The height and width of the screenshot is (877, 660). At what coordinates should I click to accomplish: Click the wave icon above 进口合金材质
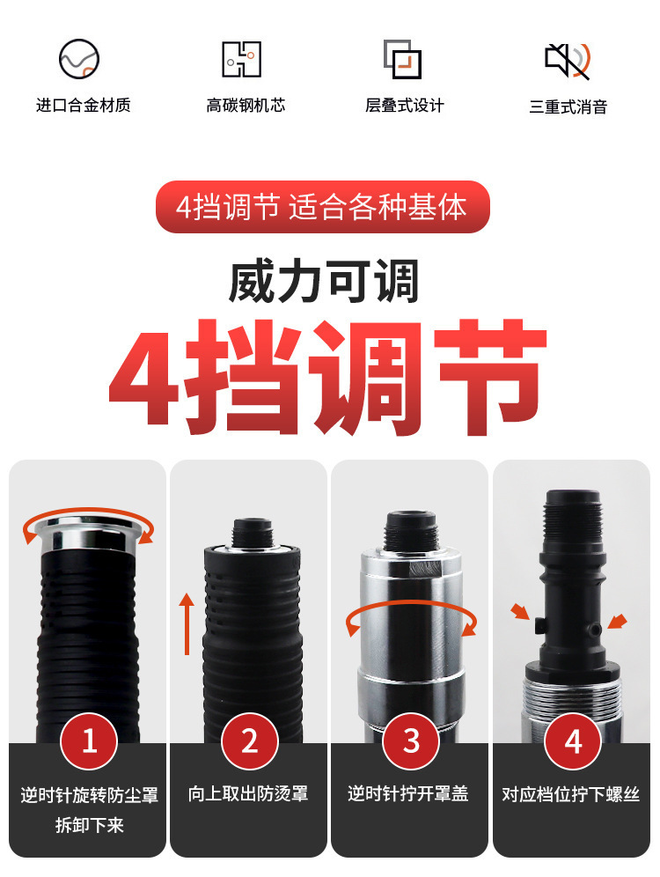click(x=79, y=59)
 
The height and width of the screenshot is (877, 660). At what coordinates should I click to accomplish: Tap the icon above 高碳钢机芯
click(x=241, y=59)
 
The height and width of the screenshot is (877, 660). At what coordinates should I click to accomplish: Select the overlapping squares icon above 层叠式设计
click(x=402, y=59)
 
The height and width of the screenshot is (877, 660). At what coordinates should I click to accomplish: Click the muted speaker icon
click(x=568, y=60)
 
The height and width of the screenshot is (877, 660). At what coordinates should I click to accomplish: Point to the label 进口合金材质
click(x=84, y=105)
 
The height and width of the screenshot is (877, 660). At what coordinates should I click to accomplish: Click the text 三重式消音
click(x=568, y=107)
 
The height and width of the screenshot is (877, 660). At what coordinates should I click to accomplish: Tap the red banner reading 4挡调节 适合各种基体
click(x=322, y=207)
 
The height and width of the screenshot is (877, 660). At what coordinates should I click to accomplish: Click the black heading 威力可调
click(x=324, y=281)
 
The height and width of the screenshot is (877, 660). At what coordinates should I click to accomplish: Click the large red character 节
click(x=490, y=376)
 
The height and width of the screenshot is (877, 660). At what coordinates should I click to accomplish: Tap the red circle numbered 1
click(x=89, y=741)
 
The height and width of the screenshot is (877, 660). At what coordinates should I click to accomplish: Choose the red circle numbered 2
click(x=250, y=741)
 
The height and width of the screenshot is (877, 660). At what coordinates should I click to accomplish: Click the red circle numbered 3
click(x=411, y=741)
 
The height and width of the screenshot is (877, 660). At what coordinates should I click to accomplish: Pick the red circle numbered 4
click(x=573, y=741)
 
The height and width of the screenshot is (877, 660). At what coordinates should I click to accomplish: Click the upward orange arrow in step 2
click(x=187, y=624)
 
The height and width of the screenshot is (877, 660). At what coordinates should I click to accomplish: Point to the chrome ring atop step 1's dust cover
click(x=87, y=533)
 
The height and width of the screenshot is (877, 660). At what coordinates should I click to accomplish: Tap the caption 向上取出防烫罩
click(x=248, y=793)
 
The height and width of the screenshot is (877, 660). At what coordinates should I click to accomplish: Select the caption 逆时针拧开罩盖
click(x=408, y=793)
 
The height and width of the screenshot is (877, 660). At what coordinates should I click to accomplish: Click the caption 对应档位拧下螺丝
click(x=570, y=794)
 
